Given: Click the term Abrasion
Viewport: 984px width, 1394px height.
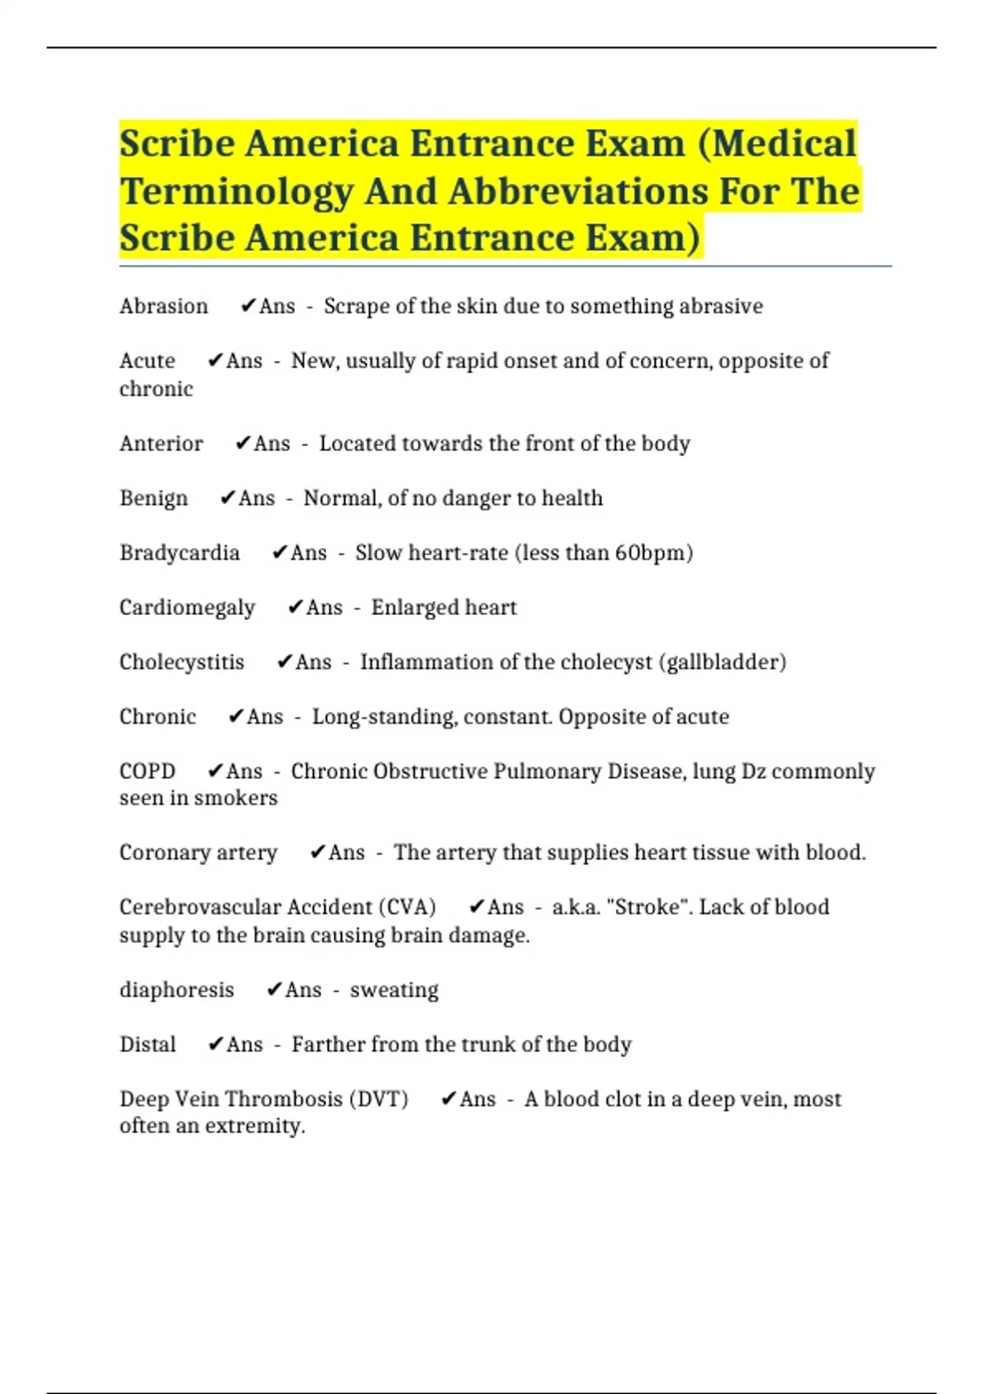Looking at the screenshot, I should tap(163, 307).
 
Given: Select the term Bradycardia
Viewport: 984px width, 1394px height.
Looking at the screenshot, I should tap(179, 553).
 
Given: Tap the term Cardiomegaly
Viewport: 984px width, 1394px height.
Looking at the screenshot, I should tap(187, 608).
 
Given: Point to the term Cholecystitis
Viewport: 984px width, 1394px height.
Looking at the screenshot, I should tap(181, 663).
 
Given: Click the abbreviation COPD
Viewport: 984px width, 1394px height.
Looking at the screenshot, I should tap(147, 772).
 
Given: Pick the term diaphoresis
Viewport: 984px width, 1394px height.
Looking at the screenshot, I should tap(176, 991).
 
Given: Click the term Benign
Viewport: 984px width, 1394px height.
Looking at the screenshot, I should tap(153, 499).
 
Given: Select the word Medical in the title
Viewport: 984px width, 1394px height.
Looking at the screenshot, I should tap(782, 144).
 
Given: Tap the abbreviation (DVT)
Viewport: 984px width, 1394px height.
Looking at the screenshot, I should tap(378, 1099).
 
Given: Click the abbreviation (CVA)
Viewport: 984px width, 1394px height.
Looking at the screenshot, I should tap(407, 907).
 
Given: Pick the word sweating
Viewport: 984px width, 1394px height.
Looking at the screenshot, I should tap(394, 991).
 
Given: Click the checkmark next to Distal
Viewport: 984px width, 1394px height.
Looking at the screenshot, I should tap(216, 1044).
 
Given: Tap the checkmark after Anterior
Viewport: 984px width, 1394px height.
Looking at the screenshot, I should tap(243, 444).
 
